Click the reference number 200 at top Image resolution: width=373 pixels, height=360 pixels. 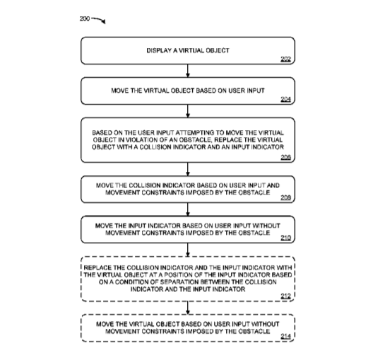85,18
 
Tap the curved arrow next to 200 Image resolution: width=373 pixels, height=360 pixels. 99,20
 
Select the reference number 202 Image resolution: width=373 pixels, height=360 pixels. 285,59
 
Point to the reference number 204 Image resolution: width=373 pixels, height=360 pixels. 285,99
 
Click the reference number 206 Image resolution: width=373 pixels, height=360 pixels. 285,158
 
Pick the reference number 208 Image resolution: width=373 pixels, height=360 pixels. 285,197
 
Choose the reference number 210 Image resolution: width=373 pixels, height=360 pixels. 285,238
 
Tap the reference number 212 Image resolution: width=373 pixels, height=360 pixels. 285,296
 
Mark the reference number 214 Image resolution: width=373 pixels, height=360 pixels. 285,337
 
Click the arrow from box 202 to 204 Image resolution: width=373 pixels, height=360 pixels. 188,71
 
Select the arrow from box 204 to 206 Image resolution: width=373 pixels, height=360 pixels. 188,111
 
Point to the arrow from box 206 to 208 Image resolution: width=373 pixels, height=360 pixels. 188,169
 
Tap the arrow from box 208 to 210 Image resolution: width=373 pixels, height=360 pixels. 188,209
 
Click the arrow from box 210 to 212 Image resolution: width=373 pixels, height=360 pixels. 188,250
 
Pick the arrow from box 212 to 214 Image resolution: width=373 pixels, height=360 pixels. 188,308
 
